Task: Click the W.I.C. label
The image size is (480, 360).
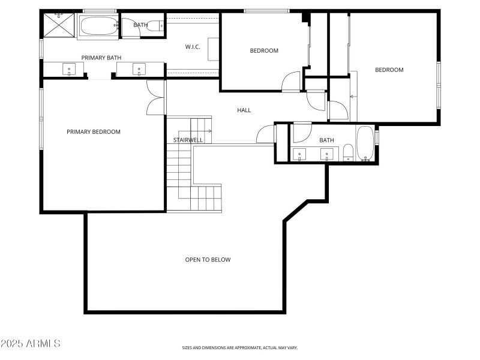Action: [x=193, y=47]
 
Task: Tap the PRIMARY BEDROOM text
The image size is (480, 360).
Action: [x=94, y=132]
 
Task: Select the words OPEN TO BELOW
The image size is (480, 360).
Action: [x=208, y=260]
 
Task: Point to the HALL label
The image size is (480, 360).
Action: [x=244, y=110]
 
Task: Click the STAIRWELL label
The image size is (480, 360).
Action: [x=188, y=140]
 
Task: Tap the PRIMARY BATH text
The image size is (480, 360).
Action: [x=101, y=58]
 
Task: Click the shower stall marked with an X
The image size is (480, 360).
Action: [x=59, y=26]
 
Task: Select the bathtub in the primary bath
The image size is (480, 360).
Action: [x=99, y=27]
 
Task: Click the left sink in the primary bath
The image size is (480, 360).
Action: [x=69, y=70]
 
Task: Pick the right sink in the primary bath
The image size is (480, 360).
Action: [x=139, y=70]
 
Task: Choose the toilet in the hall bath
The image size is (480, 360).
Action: [x=347, y=152]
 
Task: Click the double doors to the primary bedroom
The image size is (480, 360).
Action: [x=155, y=98]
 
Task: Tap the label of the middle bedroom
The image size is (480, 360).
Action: [x=264, y=50]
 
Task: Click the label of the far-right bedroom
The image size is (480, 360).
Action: [x=389, y=70]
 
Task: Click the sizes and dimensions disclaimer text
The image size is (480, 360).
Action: [x=240, y=347]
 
